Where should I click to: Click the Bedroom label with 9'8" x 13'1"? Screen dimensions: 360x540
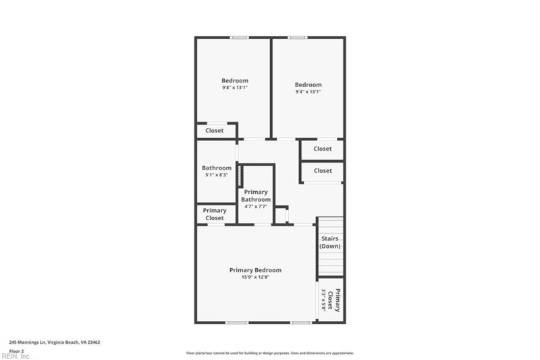coord(235,80)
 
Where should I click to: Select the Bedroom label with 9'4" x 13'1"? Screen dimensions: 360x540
coord(308,84)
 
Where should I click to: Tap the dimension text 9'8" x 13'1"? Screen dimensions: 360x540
coord(235,88)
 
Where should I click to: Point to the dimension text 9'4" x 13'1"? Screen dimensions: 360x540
coord(308,92)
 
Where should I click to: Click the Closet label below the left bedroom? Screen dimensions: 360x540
coord(215,130)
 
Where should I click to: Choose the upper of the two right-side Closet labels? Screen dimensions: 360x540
coord(323,149)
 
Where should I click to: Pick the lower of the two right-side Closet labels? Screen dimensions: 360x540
coord(323,171)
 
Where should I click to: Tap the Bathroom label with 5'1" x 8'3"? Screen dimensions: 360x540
coord(217,168)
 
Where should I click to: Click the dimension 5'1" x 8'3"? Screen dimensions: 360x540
coord(217,175)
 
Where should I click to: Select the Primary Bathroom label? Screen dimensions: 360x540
coord(256,196)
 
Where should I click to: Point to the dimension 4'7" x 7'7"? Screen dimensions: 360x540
coord(256,207)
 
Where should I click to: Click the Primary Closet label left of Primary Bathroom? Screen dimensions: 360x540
coord(215,214)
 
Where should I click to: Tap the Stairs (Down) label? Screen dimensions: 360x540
coord(330,242)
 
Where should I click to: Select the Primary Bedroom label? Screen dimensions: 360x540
coord(255,269)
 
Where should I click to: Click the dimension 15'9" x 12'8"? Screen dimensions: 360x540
coord(255,277)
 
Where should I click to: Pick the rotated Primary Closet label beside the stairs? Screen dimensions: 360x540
coord(335,300)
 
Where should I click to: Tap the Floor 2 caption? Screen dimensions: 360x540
coord(16,351)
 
